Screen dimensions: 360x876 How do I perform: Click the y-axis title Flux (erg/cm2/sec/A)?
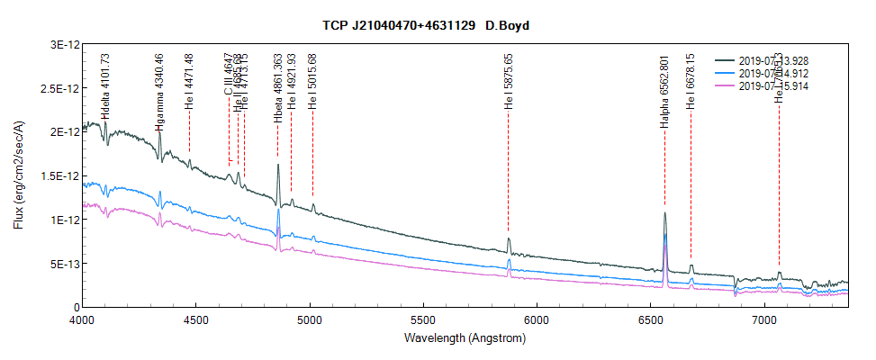point(19,175)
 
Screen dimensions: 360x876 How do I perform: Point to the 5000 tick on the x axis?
point(310,319)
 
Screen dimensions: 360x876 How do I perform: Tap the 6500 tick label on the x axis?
point(651,319)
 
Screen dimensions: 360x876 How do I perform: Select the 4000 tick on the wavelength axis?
point(83,319)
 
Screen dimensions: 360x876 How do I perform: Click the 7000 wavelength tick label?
point(764,319)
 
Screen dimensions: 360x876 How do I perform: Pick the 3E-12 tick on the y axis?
point(59,44)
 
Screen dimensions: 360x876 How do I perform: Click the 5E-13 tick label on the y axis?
point(59,264)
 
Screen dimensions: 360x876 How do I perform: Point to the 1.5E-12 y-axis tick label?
point(56,176)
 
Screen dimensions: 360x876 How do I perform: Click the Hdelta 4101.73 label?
point(105,86)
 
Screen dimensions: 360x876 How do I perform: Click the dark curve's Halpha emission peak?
point(664,214)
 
